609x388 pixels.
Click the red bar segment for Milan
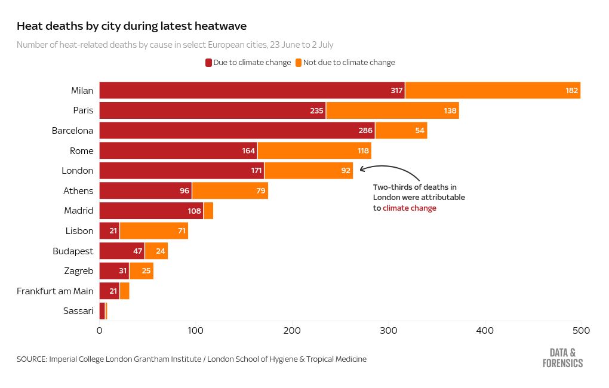click(251, 91)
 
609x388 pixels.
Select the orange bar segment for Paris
click(392, 110)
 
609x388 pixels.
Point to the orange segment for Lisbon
click(153, 231)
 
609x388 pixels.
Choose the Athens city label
click(78, 191)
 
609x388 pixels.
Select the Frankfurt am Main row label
click(55, 291)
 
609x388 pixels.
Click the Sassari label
click(78, 311)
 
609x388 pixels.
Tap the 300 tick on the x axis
click(388, 330)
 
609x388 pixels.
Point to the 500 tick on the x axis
click(581, 330)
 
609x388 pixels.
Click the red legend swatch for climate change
click(209, 63)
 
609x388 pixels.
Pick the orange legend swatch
click(299, 63)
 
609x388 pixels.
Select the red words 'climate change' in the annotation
click(410, 208)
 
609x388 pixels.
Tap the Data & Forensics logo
click(562, 358)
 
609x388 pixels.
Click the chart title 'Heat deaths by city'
click(131, 26)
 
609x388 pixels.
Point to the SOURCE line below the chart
click(191, 359)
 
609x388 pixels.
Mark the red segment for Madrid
click(151, 211)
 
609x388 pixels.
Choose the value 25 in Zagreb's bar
click(146, 271)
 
